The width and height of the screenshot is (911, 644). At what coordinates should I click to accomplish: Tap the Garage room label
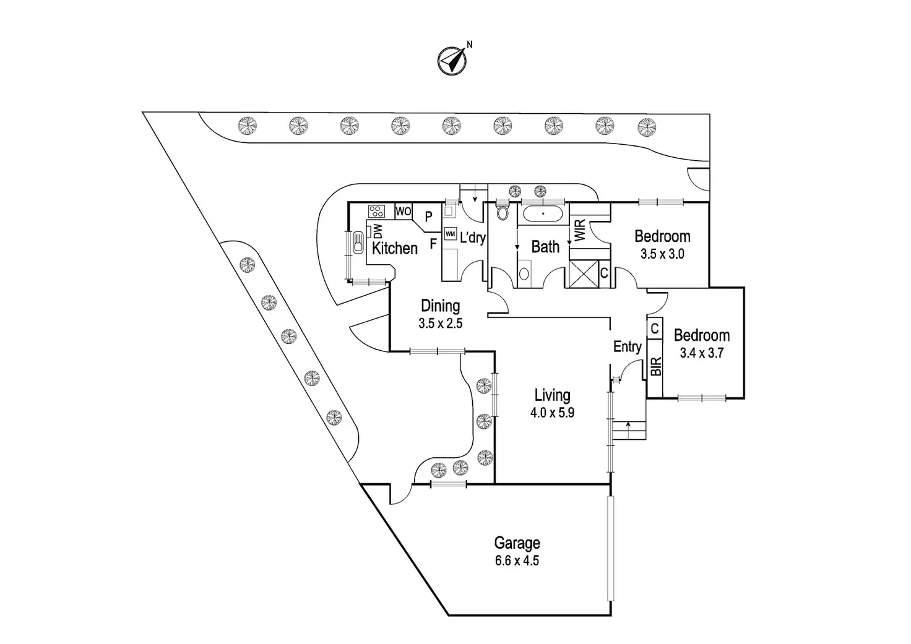click(517, 543)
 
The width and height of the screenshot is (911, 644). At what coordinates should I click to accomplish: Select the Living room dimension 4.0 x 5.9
click(552, 413)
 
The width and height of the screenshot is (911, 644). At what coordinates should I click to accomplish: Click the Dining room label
click(440, 306)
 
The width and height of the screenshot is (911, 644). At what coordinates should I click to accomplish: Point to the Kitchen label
click(394, 248)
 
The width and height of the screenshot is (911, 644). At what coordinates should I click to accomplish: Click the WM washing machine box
click(450, 234)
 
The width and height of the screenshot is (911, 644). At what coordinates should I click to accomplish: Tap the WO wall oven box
click(404, 212)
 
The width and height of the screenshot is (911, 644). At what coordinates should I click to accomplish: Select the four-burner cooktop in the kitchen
click(376, 211)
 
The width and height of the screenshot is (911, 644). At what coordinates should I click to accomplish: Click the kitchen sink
click(358, 243)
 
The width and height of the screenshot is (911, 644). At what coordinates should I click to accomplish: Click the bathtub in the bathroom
click(543, 214)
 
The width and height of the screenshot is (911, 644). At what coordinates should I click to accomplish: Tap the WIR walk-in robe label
click(579, 230)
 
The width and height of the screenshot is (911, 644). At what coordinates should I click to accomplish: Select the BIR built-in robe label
click(656, 366)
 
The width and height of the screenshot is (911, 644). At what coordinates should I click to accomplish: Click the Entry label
click(627, 347)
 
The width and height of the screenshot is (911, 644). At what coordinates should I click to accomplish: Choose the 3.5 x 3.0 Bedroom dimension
click(662, 254)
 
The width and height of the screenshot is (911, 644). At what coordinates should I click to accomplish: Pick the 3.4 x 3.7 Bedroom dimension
click(702, 353)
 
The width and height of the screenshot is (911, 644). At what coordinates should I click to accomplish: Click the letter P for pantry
click(428, 217)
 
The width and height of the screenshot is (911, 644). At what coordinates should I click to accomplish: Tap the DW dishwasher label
click(378, 231)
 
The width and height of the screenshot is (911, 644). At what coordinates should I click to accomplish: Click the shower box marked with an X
click(584, 273)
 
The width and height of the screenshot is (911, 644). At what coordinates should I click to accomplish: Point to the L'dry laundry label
click(473, 236)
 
